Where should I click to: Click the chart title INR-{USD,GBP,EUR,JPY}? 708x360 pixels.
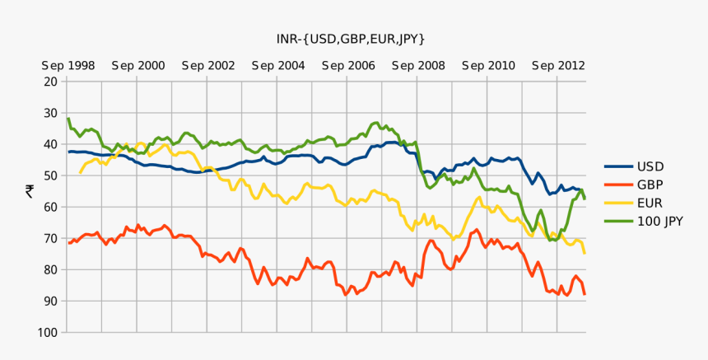[351, 39]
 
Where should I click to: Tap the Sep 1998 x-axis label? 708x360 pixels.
[68, 66]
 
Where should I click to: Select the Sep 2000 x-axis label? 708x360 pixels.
[137, 66]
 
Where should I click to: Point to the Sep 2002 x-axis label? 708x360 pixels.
[208, 66]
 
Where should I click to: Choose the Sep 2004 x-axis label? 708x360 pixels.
[278, 66]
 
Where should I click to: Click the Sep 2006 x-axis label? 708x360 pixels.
[348, 66]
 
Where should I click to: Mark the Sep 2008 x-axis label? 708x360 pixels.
[418, 66]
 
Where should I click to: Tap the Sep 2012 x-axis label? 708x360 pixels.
[558, 66]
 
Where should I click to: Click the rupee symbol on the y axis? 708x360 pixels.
[29, 191]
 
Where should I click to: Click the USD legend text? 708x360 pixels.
[650, 166]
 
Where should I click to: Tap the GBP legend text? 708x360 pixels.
[650, 185]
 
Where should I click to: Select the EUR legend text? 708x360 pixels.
[650, 203]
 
